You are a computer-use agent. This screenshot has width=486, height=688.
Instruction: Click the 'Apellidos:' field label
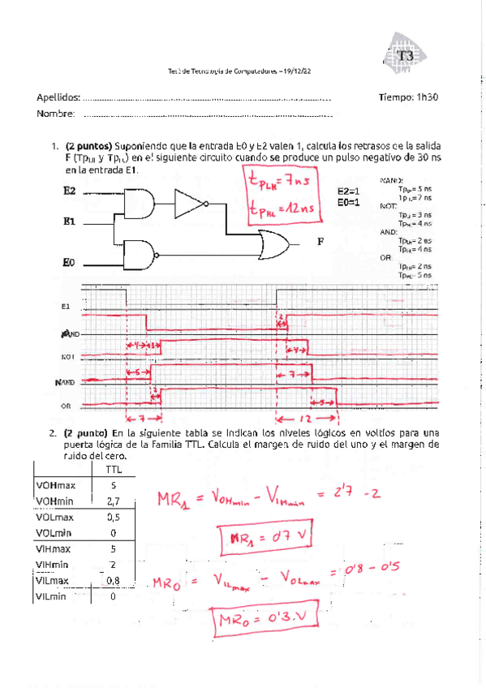tap(58, 98)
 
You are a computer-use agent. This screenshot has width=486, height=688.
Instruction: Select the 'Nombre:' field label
tap(56, 114)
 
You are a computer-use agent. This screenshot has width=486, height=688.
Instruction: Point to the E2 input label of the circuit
tap(69, 191)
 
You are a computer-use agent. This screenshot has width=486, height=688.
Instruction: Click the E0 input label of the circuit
tap(69, 263)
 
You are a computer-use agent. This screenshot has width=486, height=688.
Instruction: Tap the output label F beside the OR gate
tap(321, 242)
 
